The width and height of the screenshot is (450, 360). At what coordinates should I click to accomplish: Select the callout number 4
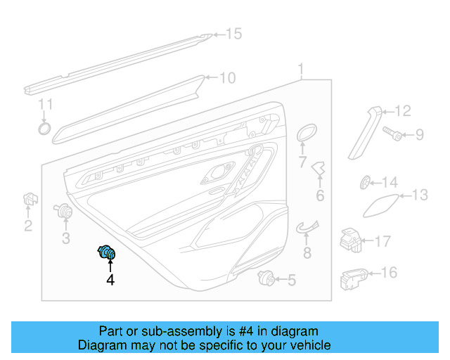[x=110, y=281]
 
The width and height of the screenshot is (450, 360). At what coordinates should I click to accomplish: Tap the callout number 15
[x=233, y=34]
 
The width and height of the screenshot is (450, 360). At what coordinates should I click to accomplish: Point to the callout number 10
[x=227, y=78]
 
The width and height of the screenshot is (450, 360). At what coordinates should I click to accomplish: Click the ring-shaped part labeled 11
[x=44, y=128]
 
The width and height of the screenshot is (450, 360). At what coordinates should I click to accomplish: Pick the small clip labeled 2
[x=29, y=200]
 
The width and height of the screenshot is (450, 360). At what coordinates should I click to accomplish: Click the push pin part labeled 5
[x=266, y=278]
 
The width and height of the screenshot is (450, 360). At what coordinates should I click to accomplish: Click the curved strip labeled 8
[x=307, y=226]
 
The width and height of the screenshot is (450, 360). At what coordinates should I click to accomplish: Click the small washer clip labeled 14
[x=366, y=183]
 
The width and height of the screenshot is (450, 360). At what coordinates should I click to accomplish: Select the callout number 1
[x=301, y=70]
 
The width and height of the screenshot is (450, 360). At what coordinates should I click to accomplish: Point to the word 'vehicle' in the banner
[x=307, y=345]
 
